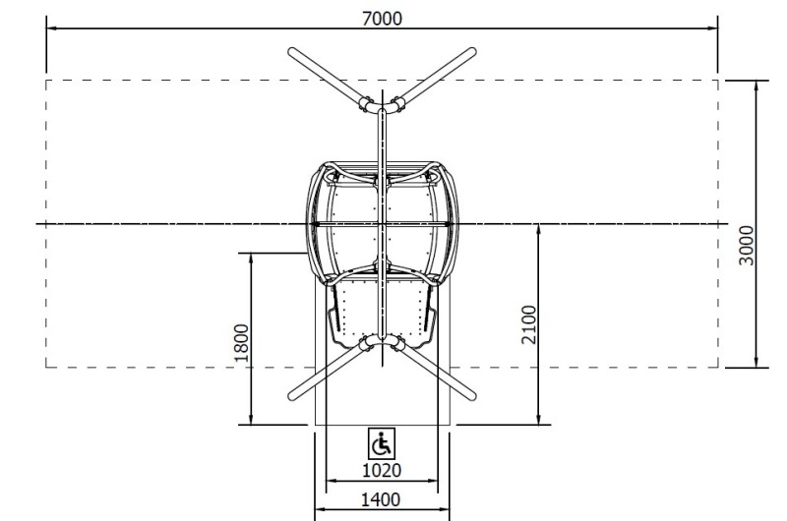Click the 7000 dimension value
pos(382,19)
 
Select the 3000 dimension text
pos(747,245)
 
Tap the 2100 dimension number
pos(529,324)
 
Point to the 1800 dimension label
pos(241,343)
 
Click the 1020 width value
pos(382,470)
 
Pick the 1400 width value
pos(381,499)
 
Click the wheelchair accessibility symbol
pos(382,443)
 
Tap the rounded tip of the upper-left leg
pos(292,52)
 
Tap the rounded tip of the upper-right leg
pos(472,52)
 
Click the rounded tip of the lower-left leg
pos(292,396)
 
